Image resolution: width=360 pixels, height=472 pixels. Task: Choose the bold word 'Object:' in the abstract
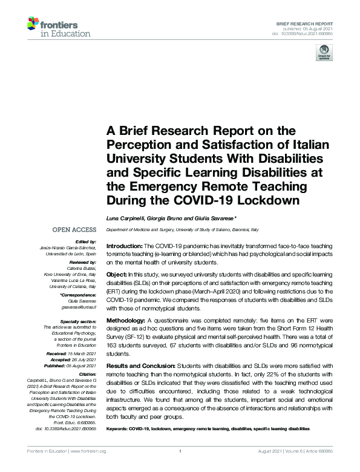(117, 274)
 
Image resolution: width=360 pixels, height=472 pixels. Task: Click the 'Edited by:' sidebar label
(87, 241)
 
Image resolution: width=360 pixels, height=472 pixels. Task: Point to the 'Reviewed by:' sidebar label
(84, 263)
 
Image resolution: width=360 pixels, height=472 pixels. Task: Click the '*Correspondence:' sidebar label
(79, 295)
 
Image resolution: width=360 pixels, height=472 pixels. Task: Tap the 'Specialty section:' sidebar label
(77, 321)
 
